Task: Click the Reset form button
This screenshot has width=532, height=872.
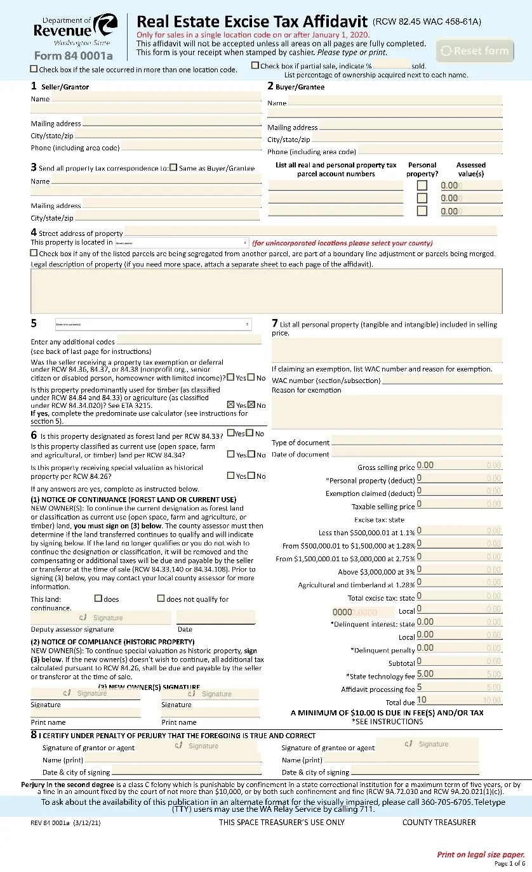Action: [475, 51]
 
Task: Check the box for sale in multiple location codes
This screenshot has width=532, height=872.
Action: [34, 68]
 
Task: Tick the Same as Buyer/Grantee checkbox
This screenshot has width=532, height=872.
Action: [173, 168]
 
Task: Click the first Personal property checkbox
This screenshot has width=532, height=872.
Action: [422, 186]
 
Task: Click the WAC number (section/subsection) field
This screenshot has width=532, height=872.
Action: [442, 380]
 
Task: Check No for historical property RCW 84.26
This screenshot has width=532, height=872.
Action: [251, 476]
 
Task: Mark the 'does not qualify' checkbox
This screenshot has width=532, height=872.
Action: [161, 598]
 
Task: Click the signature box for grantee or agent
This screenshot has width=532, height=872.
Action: [427, 745]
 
